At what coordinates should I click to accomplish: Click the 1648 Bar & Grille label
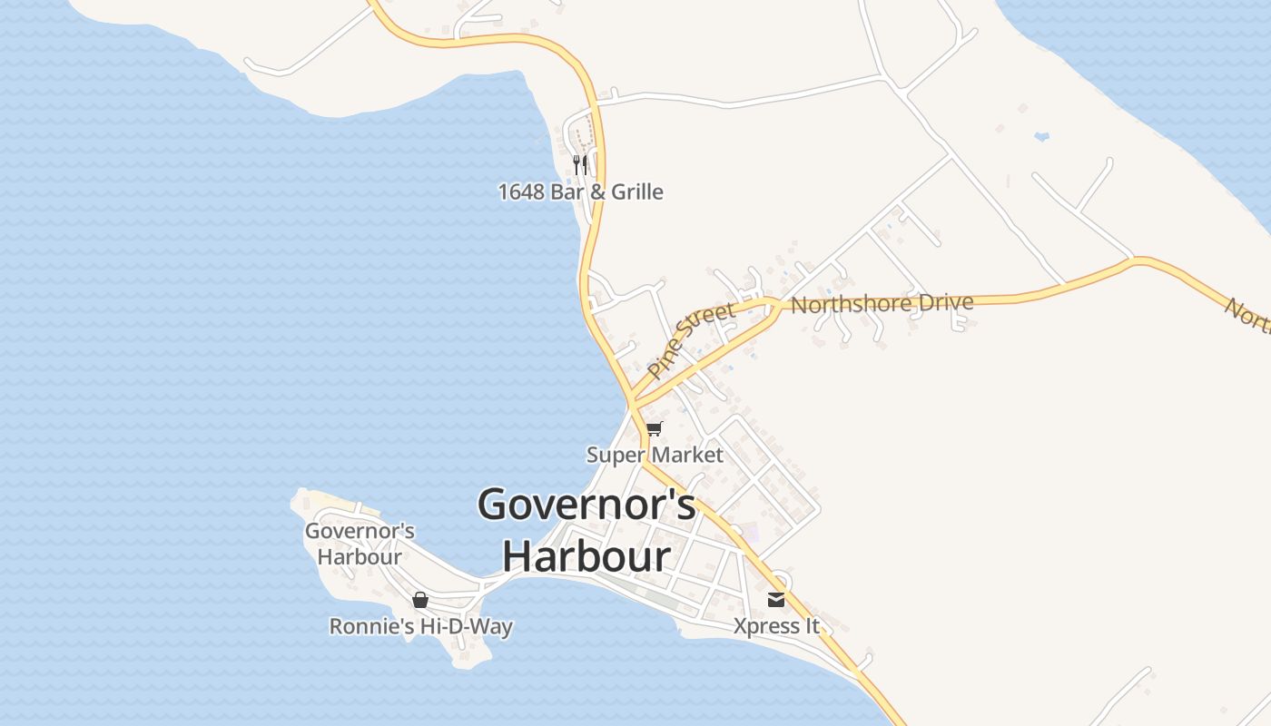(x=580, y=191)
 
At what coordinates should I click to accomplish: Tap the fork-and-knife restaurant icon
(x=580, y=164)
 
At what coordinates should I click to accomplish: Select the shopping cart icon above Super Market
(x=655, y=428)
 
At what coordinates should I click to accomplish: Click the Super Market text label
(x=655, y=455)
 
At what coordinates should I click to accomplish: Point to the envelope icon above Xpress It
(x=776, y=599)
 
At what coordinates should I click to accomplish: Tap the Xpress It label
(x=776, y=626)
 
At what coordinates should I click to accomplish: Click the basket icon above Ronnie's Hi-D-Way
(x=419, y=600)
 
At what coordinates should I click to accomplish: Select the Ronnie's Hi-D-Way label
(x=420, y=626)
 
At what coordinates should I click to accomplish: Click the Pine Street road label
(x=692, y=341)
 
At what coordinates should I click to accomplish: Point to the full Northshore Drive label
(x=882, y=303)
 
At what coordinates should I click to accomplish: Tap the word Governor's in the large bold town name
(x=586, y=505)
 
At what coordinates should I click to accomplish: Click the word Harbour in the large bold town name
(x=586, y=556)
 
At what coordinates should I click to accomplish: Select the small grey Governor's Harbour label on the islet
(x=360, y=544)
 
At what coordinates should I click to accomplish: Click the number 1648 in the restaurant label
(x=521, y=191)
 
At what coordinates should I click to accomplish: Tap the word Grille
(x=636, y=191)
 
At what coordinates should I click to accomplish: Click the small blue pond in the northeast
(x=1041, y=136)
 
